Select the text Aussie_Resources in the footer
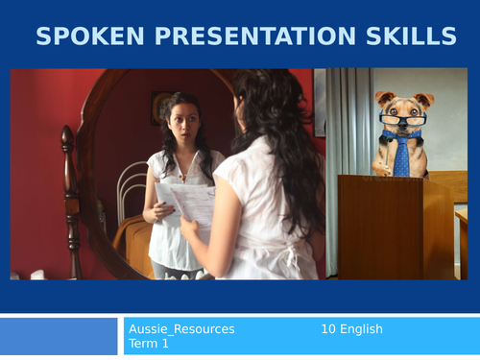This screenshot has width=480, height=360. click(x=181, y=329)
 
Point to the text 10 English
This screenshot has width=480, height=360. click(x=351, y=329)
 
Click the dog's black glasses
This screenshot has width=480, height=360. click(x=403, y=119)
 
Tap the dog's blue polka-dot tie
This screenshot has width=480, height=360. click(x=401, y=156)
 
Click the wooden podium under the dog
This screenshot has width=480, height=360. click(x=382, y=226)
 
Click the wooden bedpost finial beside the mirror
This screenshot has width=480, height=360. click(x=67, y=139)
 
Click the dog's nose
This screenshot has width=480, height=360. click(x=403, y=129)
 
